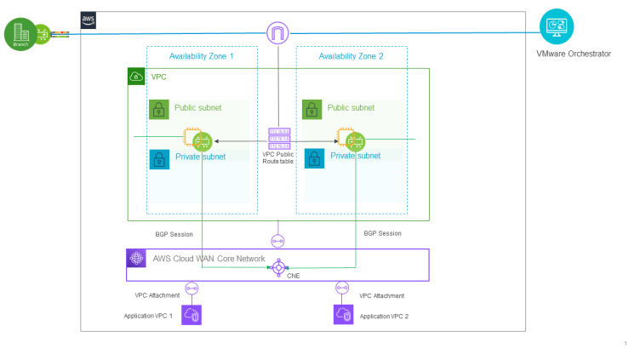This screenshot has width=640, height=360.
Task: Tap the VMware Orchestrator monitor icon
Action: pyautogui.click(x=557, y=26)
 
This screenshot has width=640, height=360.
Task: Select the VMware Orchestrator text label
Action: pyautogui.click(x=574, y=54)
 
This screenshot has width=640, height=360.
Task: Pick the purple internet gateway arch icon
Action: pyautogui.click(x=278, y=33)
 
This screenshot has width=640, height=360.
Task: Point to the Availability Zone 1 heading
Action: pyautogui.click(x=202, y=56)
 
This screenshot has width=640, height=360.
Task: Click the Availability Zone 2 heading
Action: pyautogui.click(x=351, y=56)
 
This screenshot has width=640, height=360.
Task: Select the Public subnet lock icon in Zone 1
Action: pyautogui.click(x=158, y=109)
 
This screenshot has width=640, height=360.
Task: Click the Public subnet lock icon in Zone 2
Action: pyautogui.click(x=311, y=109)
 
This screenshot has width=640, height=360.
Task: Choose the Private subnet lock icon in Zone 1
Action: pyautogui.click(x=158, y=158)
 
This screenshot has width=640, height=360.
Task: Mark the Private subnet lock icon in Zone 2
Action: pyautogui.click(x=311, y=158)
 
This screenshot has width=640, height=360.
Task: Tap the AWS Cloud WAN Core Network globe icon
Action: pyautogui.click(x=136, y=259)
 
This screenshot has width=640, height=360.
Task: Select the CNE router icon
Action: pyautogui.click(x=278, y=267)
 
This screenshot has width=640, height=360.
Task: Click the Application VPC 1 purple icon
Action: pyautogui.click(x=192, y=315)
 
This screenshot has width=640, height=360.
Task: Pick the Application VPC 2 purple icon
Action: pyautogui.click(x=343, y=315)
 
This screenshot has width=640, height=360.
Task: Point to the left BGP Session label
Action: pyautogui.click(x=174, y=233)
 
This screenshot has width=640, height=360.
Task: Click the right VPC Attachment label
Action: pyautogui.click(x=381, y=295)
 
